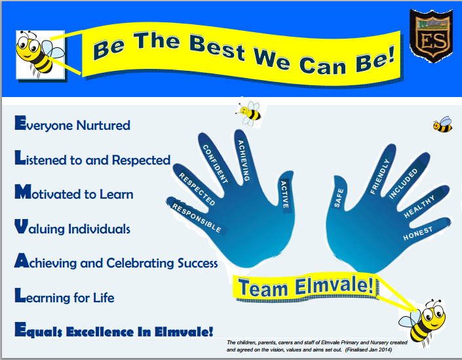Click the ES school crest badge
coord(431,35)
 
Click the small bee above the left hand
coord(250,113)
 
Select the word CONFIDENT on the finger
coord(216,164)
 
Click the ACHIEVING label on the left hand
coord(244,161)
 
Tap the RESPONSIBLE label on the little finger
coord(197,218)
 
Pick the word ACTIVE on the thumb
coord(284,195)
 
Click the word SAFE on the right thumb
coord(339,198)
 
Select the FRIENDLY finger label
coord(380,176)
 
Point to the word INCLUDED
coord(403,184)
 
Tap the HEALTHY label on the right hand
coord(419,207)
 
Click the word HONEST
coord(418,233)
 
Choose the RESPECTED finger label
coord(197,189)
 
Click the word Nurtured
coord(103,125)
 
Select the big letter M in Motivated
coord(23,191)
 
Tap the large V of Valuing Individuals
coord(22,226)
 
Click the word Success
coord(197,263)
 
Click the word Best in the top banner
coord(217,47)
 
